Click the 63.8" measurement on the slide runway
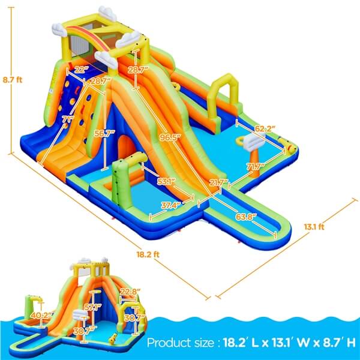(x=246, y=216)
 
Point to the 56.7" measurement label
(x=109, y=134)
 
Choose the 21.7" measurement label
(x=219, y=182)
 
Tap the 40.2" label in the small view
(x=40, y=314)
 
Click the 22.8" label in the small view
(x=130, y=292)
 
